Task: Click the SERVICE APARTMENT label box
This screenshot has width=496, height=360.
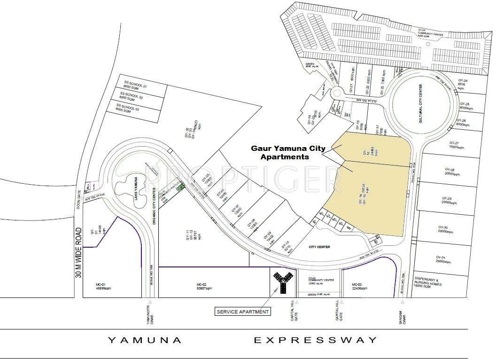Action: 243,311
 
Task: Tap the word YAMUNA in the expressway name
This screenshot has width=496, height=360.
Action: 145,340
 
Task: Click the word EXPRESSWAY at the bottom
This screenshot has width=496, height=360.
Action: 316,340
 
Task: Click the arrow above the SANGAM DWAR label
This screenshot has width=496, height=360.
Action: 403,302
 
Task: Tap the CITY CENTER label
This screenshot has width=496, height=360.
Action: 319,247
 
